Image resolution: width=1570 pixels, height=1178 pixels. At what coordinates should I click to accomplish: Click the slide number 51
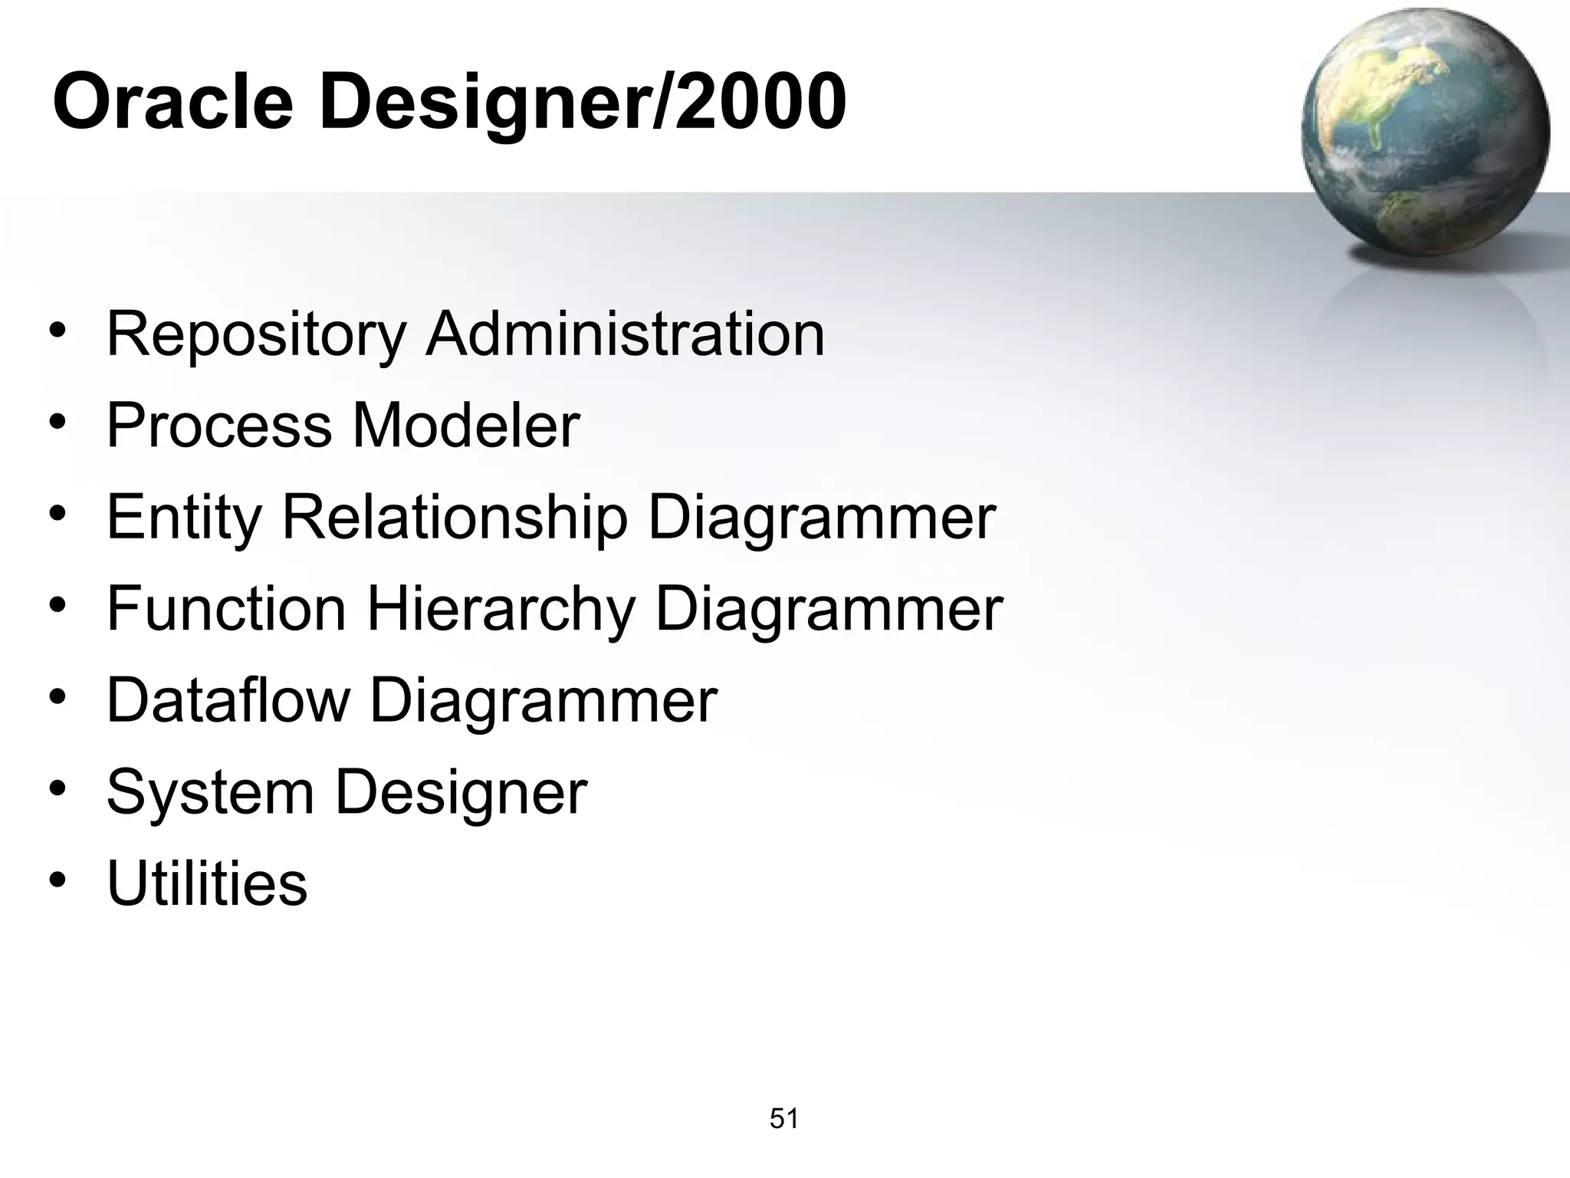pyautogui.click(x=784, y=1119)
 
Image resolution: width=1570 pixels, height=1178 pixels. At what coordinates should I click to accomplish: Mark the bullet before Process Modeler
pyautogui.click(x=57, y=423)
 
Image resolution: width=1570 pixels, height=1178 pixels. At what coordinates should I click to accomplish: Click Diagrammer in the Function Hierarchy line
pyautogui.click(x=829, y=610)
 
